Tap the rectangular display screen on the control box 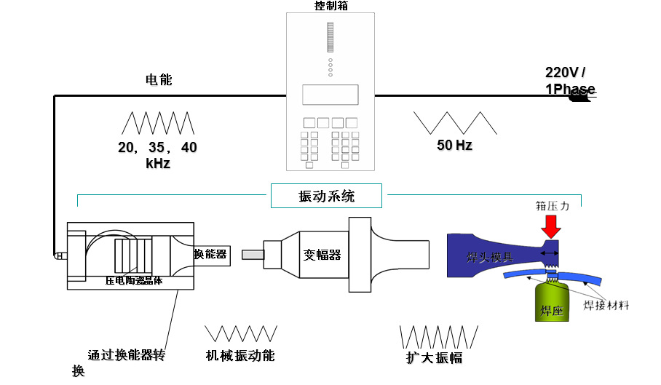pyautogui.click(x=330, y=95)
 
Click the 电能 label pyautogui.click(x=159, y=80)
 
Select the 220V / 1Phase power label pyautogui.click(x=569, y=80)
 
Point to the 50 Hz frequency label pyautogui.click(x=454, y=145)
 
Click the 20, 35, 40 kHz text pyautogui.click(x=157, y=155)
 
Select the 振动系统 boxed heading pyautogui.click(x=327, y=196)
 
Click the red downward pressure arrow pyautogui.click(x=552, y=227)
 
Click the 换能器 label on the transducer pyautogui.click(x=210, y=254)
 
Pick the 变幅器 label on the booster pyautogui.click(x=322, y=255)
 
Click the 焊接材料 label pyautogui.click(x=606, y=305)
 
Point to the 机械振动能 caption pyautogui.click(x=240, y=356)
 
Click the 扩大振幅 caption pyautogui.click(x=434, y=358)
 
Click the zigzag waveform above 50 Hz pyautogui.click(x=455, y=122)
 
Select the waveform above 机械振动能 pyautogui.click(x=241, y=334)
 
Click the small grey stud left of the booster pyautogui.click(x=252, y=255)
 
